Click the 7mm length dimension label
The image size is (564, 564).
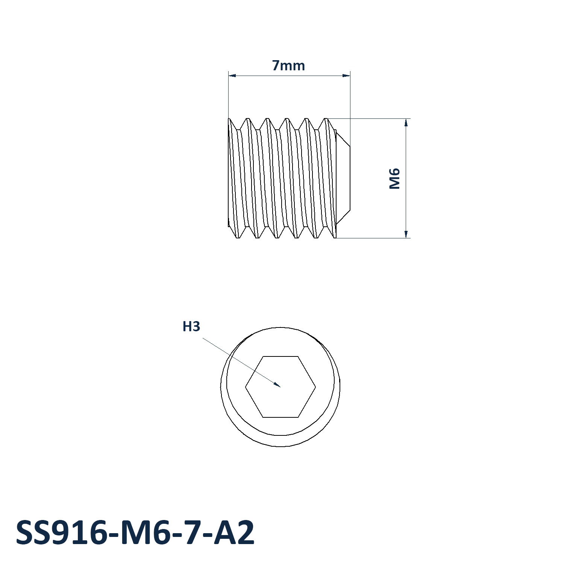pos(288,65)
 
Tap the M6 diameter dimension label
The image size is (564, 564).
pos(394,179)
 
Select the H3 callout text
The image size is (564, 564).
pos(191,326)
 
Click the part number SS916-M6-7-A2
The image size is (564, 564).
pos(135,533)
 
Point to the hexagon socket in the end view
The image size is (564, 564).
pos(280,387)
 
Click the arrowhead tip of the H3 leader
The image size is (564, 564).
pos(280,387)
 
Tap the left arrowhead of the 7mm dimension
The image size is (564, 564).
pos(229,76)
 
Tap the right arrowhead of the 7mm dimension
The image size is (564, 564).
pos(350,76)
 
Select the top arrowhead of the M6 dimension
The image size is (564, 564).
pos(406,119)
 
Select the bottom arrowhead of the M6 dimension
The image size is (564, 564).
pos(406,238)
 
